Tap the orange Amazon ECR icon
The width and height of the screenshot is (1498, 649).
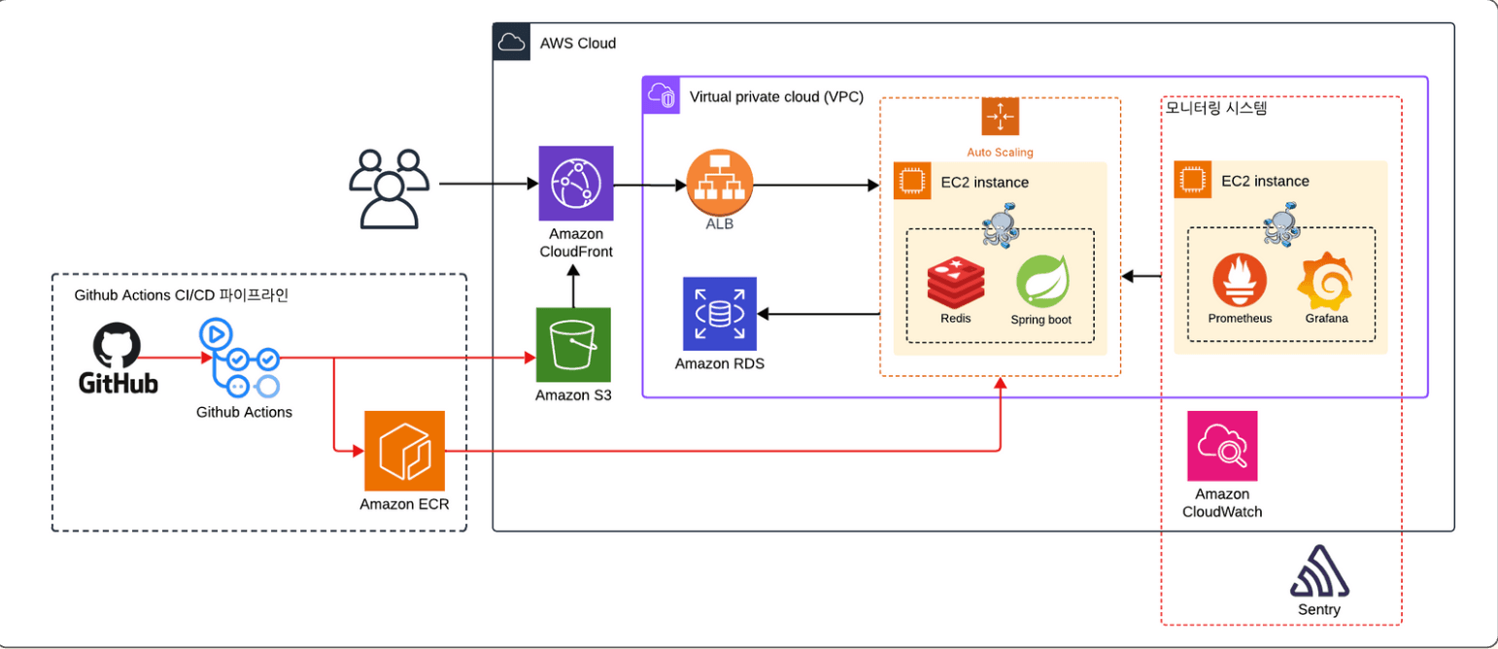coord(404,451)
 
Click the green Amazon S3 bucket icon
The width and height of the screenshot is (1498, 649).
coord(573,345)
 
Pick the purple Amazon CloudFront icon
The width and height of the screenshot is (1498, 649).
coord(576,183)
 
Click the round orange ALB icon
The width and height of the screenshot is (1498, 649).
coord(720,184)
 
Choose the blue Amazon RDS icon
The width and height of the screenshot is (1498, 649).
coord(719,313)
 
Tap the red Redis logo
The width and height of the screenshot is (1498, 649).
coord(955,282)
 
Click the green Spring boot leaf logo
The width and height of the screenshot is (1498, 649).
coord(1042,281)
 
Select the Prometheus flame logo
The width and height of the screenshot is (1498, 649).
coord(1239,282)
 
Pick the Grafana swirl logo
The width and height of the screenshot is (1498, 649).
coord(1325,280)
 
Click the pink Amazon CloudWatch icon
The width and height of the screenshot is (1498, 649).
coord(1222,446)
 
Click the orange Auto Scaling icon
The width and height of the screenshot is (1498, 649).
coord(1000,117)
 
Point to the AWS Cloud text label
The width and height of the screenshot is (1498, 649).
coord(578,44)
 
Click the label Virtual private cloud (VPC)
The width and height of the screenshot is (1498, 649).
coord(775,96)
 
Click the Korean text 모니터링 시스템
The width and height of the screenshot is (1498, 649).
coord(1215,108)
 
